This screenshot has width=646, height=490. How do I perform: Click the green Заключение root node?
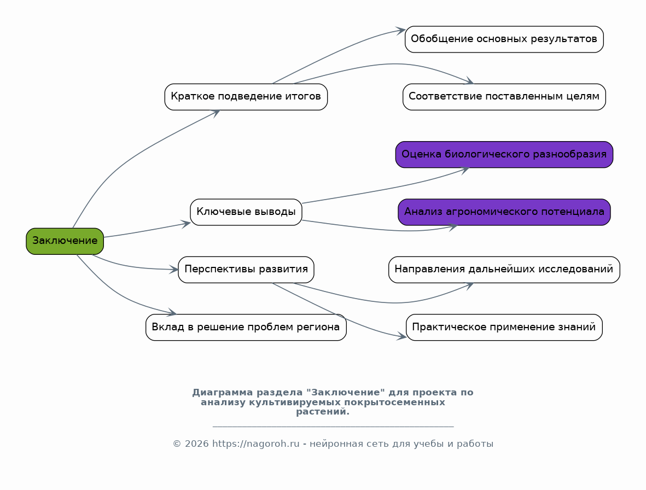coord(65,241)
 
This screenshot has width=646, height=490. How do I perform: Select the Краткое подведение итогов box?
coord(246,97)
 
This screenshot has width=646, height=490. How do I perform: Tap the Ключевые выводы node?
coord(246,212)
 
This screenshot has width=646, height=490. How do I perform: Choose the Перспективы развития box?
coord(246,270)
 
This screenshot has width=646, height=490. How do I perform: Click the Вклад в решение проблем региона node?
coord(246,328)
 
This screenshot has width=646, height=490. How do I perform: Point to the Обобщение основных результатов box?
coord(504,39)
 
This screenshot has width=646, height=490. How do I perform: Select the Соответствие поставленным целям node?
coord(504,97)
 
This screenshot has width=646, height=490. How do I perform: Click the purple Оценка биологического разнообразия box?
coord(504,154)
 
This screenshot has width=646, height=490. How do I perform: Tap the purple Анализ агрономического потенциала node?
coord(504,212)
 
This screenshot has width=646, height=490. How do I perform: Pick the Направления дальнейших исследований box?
coord(504,270)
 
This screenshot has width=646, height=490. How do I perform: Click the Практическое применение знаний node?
coord(504,328)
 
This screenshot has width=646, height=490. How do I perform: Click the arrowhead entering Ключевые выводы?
coord(186,224)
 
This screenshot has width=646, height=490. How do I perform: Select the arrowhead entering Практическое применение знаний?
coord(402,336)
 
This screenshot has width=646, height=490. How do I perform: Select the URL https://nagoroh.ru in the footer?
coord(256,444)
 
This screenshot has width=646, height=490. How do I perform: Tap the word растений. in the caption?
coord(323,412)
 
